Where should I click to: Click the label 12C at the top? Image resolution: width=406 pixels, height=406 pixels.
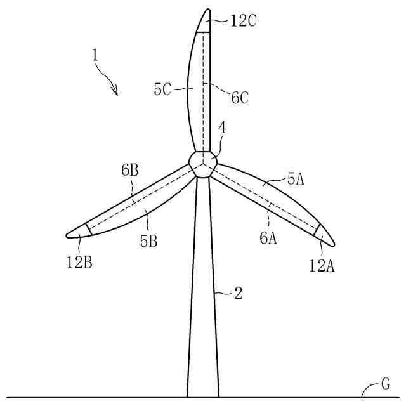pyautogui.click(x=244, y=21)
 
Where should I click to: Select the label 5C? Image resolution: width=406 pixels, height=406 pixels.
pyautogui.click(x=162, y=90)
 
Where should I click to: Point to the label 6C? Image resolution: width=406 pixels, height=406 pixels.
pyautogui.click(x=240, y=97)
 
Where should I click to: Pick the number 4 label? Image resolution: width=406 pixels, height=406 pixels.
pyautogui.click(x=221, y=128)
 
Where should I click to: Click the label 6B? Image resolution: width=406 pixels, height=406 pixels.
pyautogui.click(x=131, y=170)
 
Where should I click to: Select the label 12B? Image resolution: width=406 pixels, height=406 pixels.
pyautogui.click(x=79, y=261)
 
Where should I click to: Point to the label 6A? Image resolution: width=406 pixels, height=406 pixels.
pyautogui.click(x=268, y=238)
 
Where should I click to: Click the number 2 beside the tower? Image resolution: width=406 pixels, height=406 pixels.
pyautogui.click(x=239, y=293)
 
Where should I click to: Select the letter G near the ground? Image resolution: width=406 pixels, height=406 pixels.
pyautogui.click(x=385, y=384)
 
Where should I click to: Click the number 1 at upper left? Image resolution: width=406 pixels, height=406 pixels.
pyautogui.click(x=95, y=55)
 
